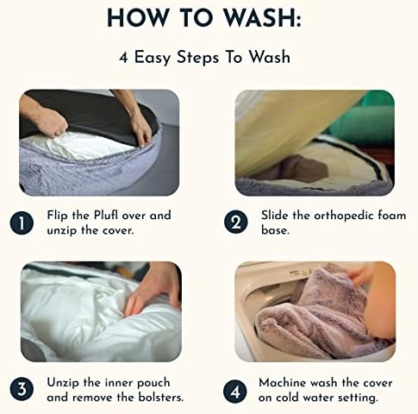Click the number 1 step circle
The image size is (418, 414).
[x=22, y=223]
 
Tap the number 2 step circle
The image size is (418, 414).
[x=235, y=222]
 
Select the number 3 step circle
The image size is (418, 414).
[x=22, y=390]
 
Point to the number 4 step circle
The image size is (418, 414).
[x=235, y=392]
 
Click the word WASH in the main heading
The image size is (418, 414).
[x=262, y=18]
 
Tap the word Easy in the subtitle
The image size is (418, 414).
[x=153, y=58]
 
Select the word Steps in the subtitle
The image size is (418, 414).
[x=197, y=58]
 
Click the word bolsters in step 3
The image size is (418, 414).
[x=161, y=398]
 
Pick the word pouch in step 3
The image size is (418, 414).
[x=153, y=383]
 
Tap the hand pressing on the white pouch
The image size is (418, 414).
[x=153, y=292]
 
